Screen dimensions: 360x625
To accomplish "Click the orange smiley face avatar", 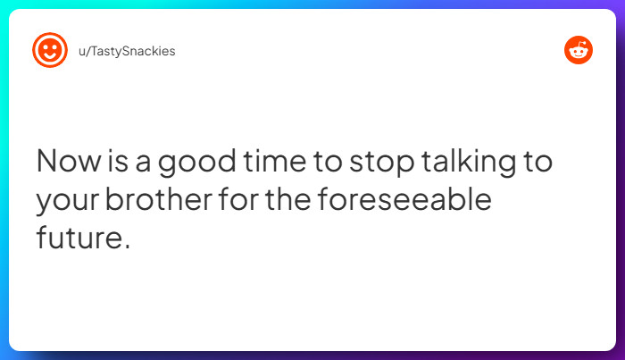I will click(x=50, y=50).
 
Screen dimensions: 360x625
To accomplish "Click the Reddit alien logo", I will click(x=579, y=50).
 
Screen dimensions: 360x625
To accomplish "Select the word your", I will click(x=66, y=201).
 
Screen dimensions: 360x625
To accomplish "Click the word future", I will click(x=77, y=238).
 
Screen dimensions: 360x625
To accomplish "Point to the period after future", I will click(x=126, y=246).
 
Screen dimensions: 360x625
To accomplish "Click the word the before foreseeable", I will click(x=287, y=199).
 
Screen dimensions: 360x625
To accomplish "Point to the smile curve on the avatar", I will click(x=50, y=56).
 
